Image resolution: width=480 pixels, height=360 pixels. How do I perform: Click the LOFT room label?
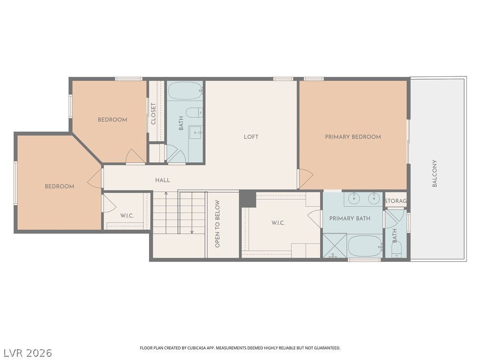click(x=251, y=137)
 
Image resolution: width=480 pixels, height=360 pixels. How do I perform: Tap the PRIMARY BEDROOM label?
click(x=353, y=137)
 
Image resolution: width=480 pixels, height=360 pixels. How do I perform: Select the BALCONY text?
click(x=435, y=173)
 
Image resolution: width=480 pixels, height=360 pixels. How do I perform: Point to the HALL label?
click(x=163, y=180)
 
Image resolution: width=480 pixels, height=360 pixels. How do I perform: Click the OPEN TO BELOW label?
click(x=217, y=224)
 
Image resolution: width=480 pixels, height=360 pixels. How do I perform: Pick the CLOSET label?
click(x=153, y=113)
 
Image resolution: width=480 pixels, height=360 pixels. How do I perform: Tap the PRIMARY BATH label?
click(x=350, y=218)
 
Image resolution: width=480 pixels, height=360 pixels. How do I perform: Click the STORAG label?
click(x=396, y=201)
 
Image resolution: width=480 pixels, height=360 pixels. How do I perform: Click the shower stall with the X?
click(x=335, y=246)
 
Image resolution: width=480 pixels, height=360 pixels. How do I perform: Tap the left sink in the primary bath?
click(x=354, y=199)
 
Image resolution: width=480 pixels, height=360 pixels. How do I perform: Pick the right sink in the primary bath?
click(x=374, y=199)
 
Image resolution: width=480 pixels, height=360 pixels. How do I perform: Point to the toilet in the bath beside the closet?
click(x=194, y=112)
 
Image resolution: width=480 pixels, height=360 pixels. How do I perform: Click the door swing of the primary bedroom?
click(x=306, y=179)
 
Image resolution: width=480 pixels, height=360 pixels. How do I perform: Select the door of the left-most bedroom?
click(x=95, y=179)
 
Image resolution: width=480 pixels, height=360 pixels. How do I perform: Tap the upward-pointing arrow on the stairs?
click(x=166, y=213)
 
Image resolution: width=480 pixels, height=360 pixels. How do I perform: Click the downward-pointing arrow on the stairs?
click(x=192, y=213)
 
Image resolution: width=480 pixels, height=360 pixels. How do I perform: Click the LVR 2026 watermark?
click(x=26, y=353)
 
